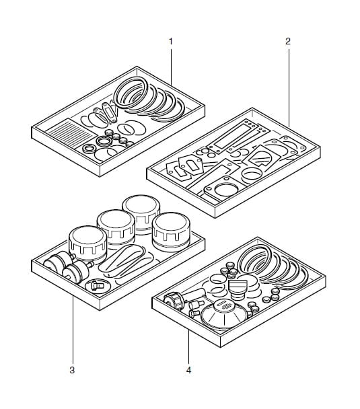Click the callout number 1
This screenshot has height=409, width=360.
pyautogui.click(x=171, y=41)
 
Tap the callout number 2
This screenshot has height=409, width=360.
pyautogui.click(x=288, y=41)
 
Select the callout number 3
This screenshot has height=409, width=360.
pyautogui.click(x=72, y=370)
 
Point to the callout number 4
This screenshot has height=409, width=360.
pyautogui.click(x=188, y=370)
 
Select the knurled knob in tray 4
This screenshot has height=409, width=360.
pyautogui.click(x=174, y=300)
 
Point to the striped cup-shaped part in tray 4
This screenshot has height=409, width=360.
pyautogui.click(x=238, y=289)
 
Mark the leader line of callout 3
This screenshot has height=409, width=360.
pyautogui.click(x=73, y=330)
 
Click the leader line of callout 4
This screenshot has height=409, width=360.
pyautogui.click(x=188, y=346)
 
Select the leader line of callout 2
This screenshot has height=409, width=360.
pyautogui.click(x=289, y=87)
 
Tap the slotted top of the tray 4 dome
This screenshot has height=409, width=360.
pyautogui.click(x=223, y=305)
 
